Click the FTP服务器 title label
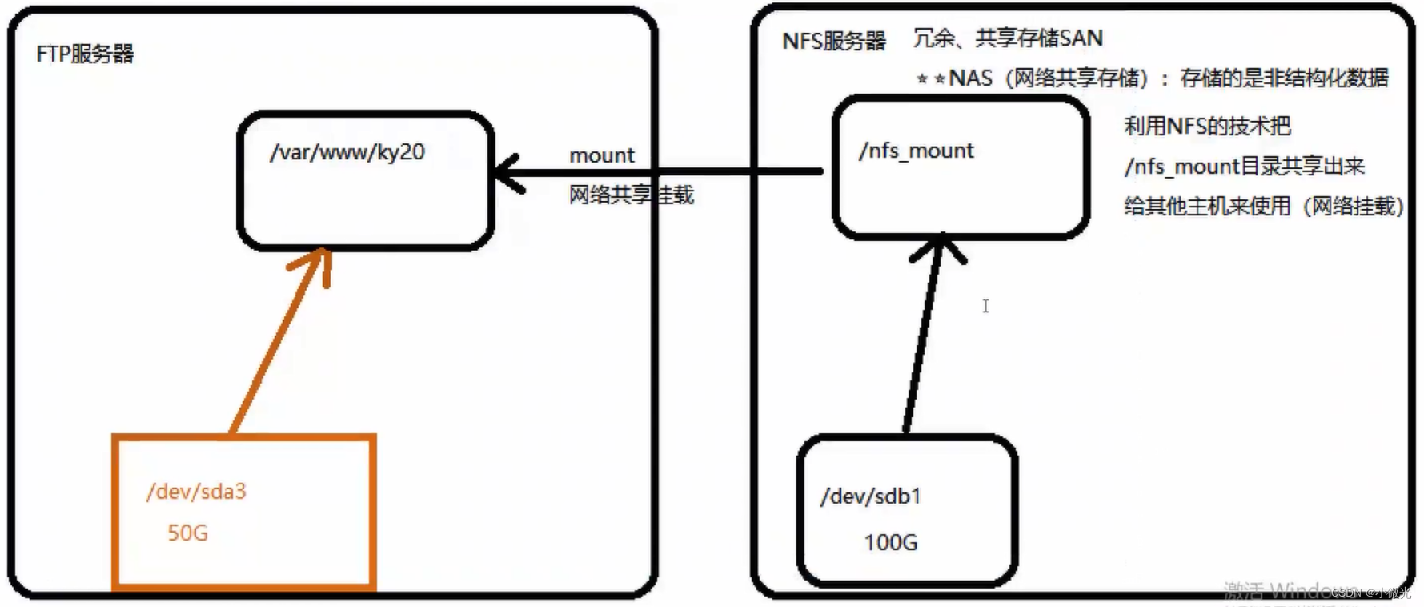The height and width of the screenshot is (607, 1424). tap(85, 54)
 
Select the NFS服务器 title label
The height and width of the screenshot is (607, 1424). tap(834, 41)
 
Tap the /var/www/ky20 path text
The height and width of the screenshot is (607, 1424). tap(347, 152)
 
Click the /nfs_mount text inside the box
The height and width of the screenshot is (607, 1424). tap(917, 151)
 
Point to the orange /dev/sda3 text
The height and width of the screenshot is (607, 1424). tap(196, 492)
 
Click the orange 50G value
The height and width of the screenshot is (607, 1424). tap(187, 533)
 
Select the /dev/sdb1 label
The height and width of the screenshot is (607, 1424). tap(871, 497)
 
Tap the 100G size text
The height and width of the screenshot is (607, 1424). tap(890, 543)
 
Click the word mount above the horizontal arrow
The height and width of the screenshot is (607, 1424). tap(602, 155)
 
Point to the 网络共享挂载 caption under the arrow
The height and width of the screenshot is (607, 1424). tap(631, 195)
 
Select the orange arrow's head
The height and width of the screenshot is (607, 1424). tap(315, 261)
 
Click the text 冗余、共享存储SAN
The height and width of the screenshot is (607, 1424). tap(1008, 38)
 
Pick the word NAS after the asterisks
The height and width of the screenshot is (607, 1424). tap(970, 78)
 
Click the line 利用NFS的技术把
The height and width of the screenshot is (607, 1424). tap(1207, 126)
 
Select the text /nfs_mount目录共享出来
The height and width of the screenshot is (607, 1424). tap(1244, 167)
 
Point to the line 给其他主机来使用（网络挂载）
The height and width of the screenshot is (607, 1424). tap(1263, 207)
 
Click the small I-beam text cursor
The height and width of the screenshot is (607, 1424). tap(985, 306)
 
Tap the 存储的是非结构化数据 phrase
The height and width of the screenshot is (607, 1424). tap(1284, 78)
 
